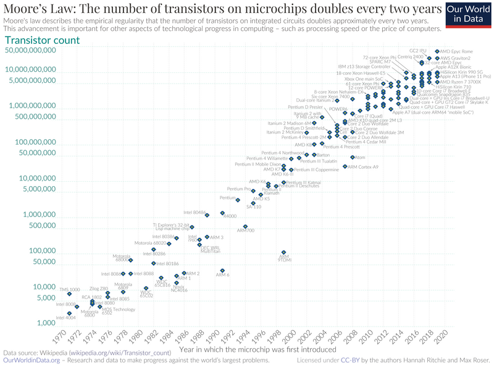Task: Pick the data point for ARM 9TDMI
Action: coord(283,252)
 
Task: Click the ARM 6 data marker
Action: coord(222,270)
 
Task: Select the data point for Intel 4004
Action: coord(69,313)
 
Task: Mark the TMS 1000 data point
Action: coord(69,294)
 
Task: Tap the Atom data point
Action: coord(353,157)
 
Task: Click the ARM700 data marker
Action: coord(245,226)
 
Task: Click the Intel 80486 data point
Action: coord(207,215)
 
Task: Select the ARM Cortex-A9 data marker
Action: coord(345,166)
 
